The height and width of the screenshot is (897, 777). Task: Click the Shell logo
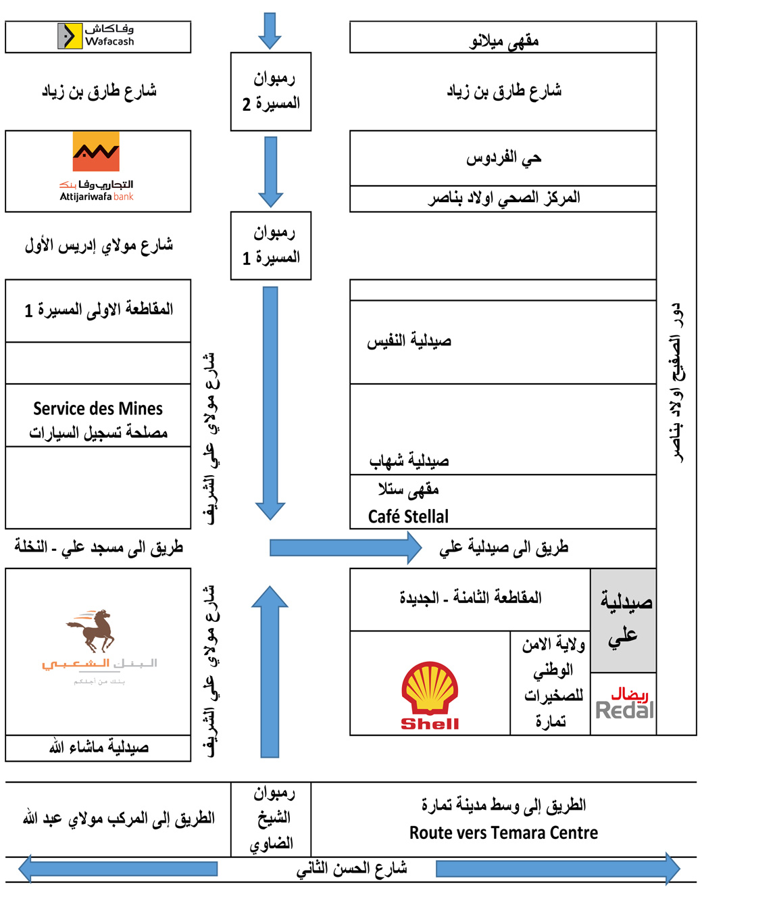[430, 696]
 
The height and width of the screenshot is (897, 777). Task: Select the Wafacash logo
[96, 36]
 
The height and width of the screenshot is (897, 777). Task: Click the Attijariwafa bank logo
[96, 166]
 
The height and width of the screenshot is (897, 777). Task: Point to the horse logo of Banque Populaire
[93, 630]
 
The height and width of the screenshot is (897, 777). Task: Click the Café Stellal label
[408, 516]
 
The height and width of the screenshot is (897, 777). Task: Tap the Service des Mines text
[98, 409]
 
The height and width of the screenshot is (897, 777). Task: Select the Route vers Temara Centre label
[503, 833]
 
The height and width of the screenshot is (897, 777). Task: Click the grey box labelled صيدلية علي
[624, 620]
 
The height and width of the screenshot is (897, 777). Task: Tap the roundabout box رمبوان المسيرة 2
[271, 91]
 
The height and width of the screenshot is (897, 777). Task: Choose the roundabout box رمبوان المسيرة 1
[271, 245]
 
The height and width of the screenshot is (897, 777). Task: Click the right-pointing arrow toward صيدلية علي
[345, 548]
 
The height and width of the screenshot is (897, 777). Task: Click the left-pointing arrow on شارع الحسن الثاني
[118, 869]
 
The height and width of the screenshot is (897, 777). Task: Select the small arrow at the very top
[270, 30]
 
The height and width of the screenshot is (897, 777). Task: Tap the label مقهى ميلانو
[504, 41]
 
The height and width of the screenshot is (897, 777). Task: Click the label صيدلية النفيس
[409, 341]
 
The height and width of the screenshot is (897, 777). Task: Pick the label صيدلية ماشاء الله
[99, 748]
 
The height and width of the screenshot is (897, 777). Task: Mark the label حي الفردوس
[504, 158]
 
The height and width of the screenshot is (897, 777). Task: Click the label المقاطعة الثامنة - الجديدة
[470, 598]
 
